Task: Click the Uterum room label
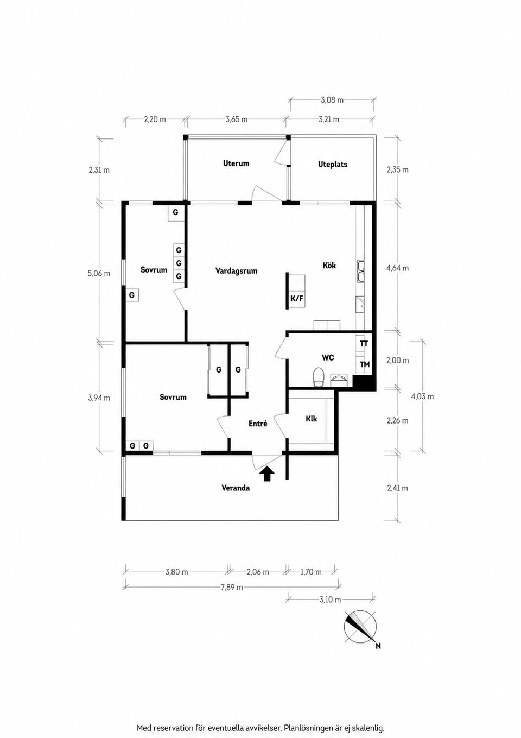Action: (236, 163)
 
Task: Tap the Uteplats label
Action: (333, 164)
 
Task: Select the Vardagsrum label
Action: (237, 271)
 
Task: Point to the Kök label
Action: (329, 265)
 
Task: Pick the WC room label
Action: (328, 357)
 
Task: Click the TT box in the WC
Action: (364, 344)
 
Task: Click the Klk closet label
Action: (311, 419)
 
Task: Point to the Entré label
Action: (258, 424)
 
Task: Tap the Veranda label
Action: (236, 488)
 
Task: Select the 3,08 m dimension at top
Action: (332, 100)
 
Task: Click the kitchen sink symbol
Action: (361, 272)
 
